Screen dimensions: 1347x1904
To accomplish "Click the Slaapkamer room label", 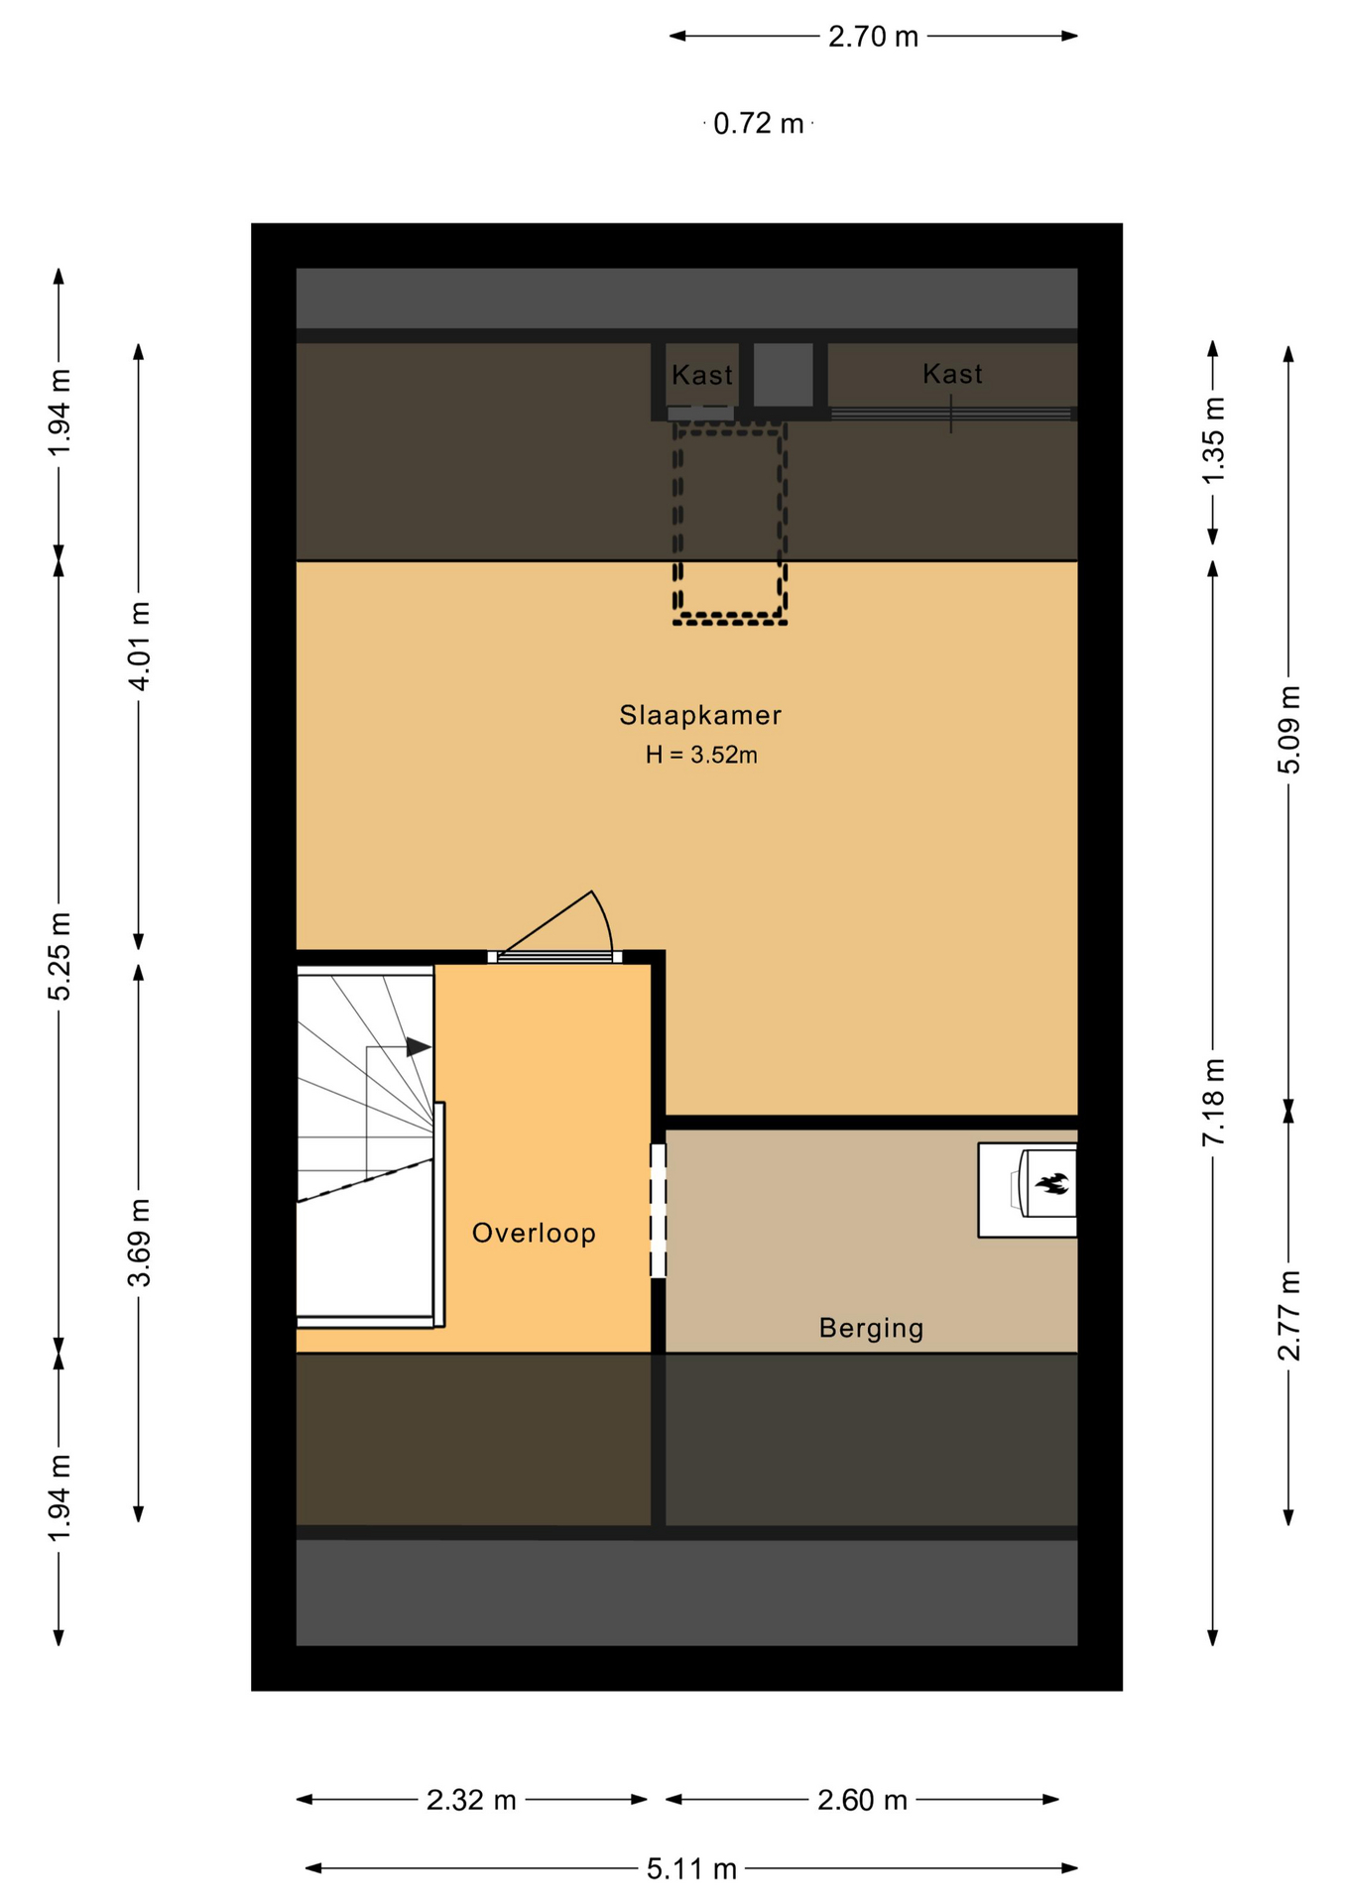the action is click(700, 715).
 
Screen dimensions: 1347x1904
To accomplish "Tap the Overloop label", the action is click(534, 1233).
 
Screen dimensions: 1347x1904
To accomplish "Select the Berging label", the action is click(871, 1329).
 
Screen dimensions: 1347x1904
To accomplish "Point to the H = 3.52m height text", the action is click(701, 755).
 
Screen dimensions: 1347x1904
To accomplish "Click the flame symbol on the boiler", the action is click(1051, 1183).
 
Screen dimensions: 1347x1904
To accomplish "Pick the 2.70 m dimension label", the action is click(873, 37).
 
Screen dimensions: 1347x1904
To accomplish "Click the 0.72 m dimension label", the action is click(759, 123).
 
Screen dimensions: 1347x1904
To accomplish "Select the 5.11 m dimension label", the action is click(691, 1868).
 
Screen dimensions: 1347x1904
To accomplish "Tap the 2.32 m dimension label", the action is click(471, 1799).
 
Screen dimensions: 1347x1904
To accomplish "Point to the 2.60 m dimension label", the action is click(862, 1799).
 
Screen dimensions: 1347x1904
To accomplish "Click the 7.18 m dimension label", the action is click(1213, 1102).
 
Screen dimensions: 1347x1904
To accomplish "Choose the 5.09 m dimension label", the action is click(1288, 729).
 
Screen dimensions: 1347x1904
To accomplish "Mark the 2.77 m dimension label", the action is click(1288, 1315).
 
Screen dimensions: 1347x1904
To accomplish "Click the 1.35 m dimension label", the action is click(1213, 439).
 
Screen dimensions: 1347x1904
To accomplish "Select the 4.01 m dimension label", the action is click(139, 646).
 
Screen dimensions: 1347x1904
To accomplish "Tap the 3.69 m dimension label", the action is click(139, 1243).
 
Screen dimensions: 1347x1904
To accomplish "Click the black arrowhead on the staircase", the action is click(419, 1047).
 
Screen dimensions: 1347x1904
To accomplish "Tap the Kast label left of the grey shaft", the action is click(702, 375).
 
